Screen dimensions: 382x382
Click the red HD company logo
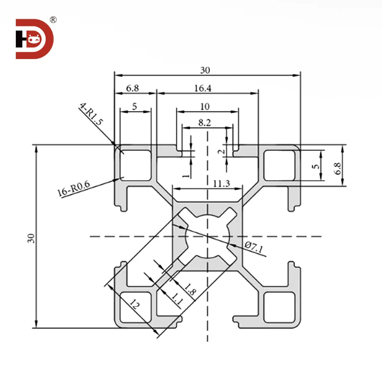pos(35,39)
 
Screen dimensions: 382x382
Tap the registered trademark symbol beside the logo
pos(53,20)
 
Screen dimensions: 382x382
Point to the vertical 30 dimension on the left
pos(31,237)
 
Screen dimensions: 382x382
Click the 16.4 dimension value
pos(203,88)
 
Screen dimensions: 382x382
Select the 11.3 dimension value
pos(207,184)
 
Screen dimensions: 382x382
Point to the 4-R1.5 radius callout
pos(92,115)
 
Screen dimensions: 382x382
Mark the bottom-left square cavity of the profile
pos(135,308)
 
